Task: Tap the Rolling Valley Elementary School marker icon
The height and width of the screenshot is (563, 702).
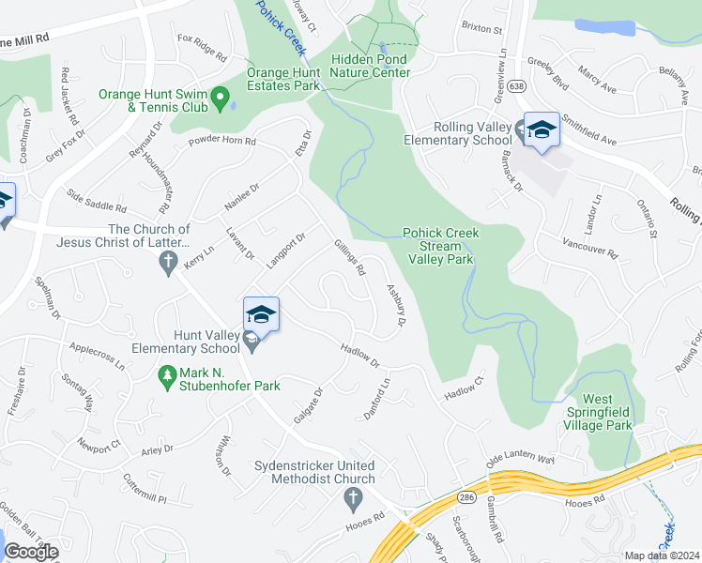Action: [542, 129]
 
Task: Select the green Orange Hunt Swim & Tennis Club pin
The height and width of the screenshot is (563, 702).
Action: [220, 97]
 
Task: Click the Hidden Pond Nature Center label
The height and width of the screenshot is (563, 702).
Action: [371, 66]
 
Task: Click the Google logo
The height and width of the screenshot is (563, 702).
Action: [31, 552]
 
